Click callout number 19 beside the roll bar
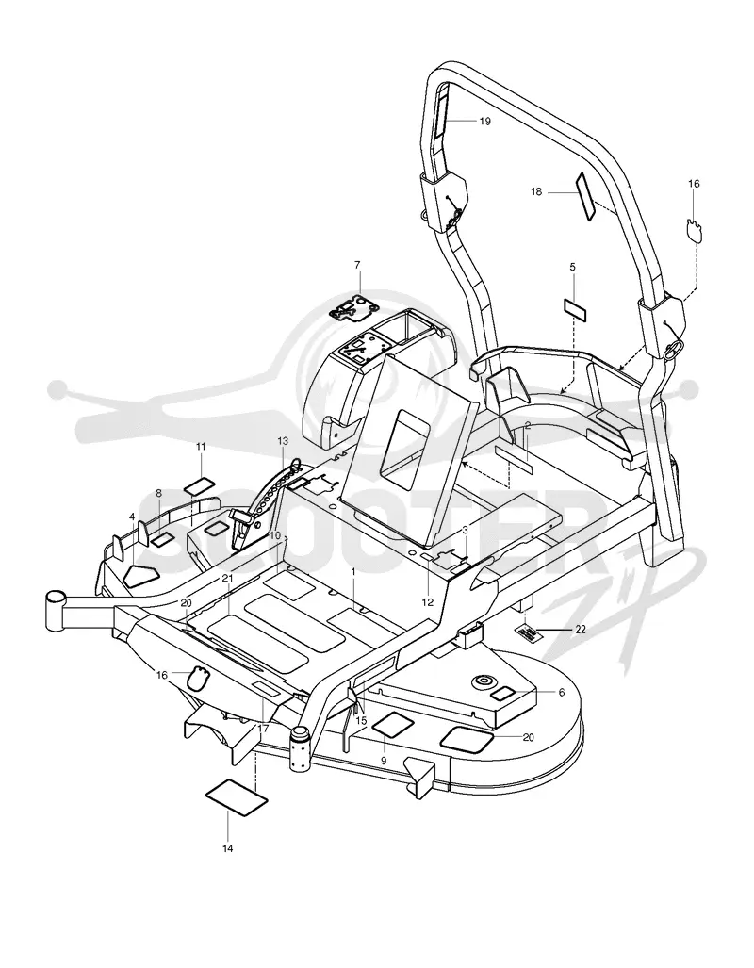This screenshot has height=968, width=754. (x=484, y=121)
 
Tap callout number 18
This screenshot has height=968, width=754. (x=536, y=192)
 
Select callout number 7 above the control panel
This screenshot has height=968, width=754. (x=357, y=265)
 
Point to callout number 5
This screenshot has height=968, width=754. (x=572, y=267)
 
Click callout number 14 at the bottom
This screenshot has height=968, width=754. (x=228, y=849)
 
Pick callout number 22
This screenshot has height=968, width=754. (x=581, y=630)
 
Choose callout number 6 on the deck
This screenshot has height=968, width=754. (x=562, y=693)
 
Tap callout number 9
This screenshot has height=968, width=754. (x=384, y=761)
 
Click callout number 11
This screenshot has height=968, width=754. (x=201, y=447)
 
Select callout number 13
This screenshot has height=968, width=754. (x=283, y=441)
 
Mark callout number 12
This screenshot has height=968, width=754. (x=427, y=602)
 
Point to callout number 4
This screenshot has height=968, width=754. (x=132, y=517)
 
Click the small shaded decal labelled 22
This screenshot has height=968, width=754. (x=527, y=632)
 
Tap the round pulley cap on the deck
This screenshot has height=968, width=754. (x=483, y=681)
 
